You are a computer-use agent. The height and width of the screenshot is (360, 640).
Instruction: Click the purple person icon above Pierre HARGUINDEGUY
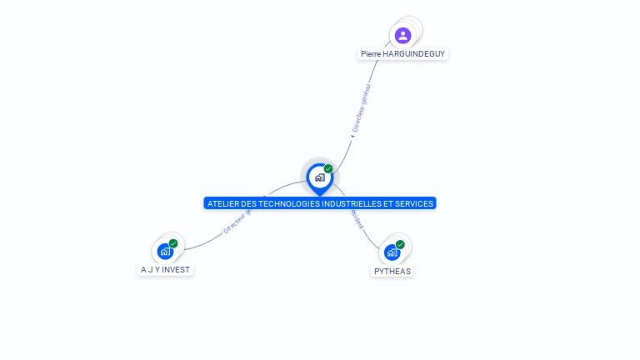403,35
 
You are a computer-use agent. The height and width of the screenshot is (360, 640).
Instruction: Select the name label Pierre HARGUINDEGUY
403,53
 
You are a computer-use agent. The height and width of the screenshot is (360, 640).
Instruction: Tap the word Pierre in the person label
371,53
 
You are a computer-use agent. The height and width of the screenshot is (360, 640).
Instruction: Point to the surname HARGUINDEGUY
414,53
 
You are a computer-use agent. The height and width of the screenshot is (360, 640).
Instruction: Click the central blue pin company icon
319,177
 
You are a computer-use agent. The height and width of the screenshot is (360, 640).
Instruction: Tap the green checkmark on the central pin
328,168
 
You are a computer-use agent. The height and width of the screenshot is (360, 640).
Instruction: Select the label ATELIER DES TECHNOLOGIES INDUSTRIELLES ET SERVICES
320,203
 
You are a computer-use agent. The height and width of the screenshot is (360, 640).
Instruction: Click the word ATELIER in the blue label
222,203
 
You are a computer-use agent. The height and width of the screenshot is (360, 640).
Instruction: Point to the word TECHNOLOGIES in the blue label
281,203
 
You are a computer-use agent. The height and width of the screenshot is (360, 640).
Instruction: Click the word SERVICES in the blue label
414,203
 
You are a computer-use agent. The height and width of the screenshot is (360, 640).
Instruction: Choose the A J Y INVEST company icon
165,251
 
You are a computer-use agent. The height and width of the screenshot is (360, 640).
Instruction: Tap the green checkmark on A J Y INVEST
173,243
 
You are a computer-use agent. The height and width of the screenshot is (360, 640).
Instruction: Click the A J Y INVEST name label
166,270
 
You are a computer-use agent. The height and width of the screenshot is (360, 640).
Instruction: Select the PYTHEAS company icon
392,252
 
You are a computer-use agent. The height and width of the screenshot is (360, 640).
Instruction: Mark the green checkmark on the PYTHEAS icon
400,244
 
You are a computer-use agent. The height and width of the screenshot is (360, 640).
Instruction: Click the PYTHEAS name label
392,271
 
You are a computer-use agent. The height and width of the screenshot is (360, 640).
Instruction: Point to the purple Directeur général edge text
361,107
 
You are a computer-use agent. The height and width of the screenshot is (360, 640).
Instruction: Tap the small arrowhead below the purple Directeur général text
352,136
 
